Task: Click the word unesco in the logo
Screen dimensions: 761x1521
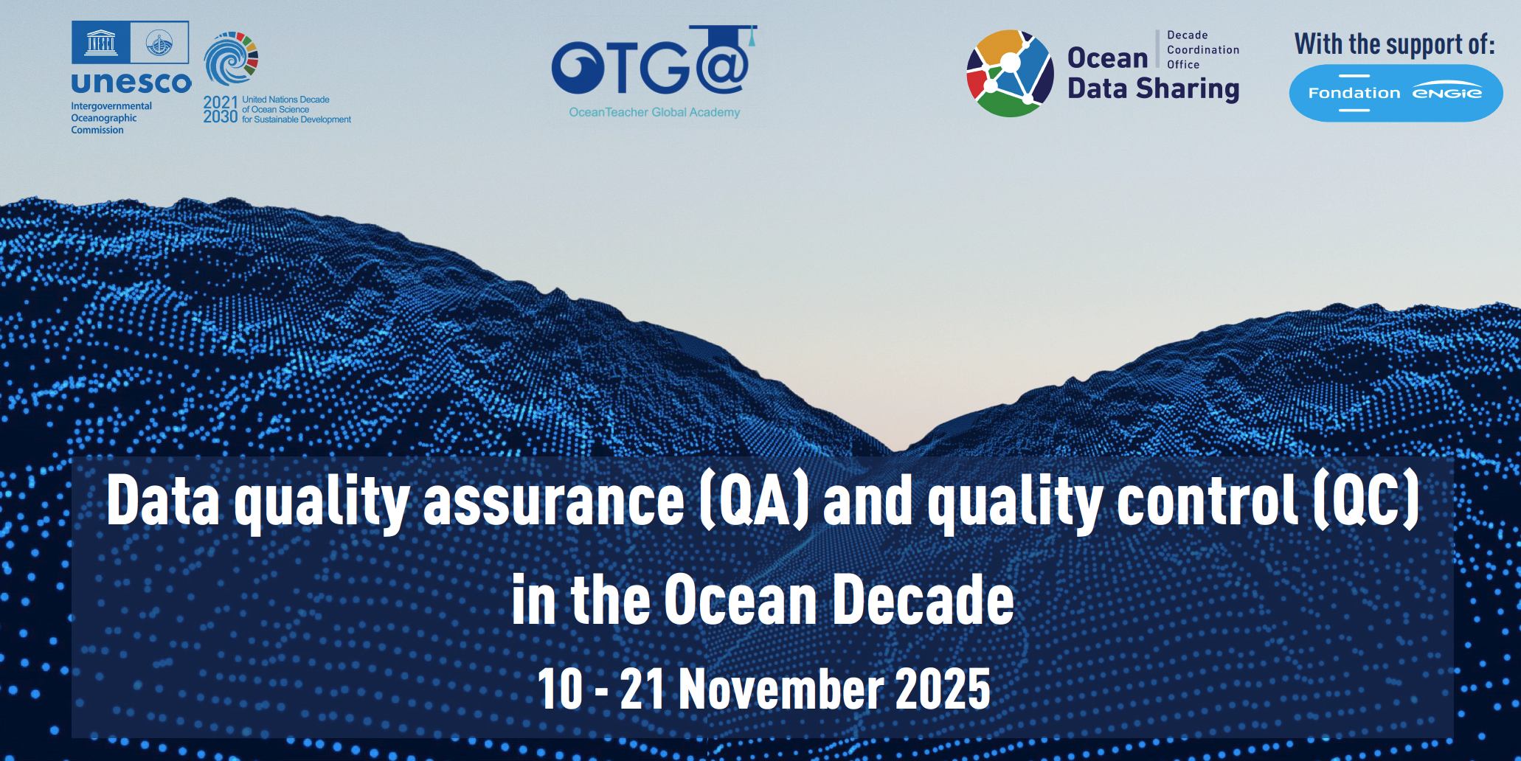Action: [131, 83]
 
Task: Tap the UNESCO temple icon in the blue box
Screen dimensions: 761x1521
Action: [101, 43]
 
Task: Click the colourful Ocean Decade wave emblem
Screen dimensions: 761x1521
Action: [231, 59]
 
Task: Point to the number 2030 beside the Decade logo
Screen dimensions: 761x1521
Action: [221, 117]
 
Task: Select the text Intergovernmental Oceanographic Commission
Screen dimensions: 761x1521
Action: [111, 118]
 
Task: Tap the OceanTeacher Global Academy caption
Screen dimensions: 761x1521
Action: [654, 112]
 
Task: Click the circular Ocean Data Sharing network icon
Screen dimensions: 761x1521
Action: [1010, 73]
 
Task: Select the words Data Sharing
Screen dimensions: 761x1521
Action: [1153, 89]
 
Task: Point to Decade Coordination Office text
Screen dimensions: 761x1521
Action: [1202, 50]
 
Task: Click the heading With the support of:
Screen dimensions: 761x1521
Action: [1394, 44]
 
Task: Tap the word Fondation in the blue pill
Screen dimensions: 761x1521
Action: [1354, 93]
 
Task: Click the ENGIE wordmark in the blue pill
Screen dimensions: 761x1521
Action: [1446, 92]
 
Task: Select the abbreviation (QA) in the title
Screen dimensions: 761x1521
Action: [753, 501]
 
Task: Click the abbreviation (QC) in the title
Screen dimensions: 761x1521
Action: [1366, 501]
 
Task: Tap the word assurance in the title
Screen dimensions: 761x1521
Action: [553, 501]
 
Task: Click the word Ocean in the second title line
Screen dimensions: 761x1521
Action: [740, 600]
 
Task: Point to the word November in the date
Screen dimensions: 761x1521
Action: [781, 689]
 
